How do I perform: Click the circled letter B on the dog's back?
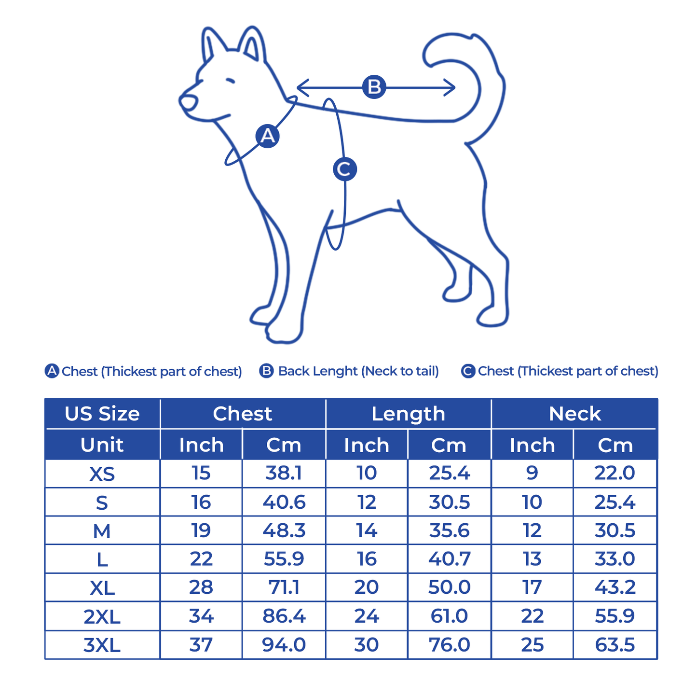click(x=374, y=87)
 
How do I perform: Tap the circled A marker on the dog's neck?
click(x=267, y=136)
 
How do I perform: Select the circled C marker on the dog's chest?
click(x=345, y=169)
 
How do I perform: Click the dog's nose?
click(x=189, y=102)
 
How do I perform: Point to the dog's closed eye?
click(x=230, y=81)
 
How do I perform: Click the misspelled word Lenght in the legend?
click(x=335, y=371)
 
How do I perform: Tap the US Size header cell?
click(x=102, y=414)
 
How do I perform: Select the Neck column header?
click(x=575, y=414)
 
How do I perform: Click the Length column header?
click(x=409, y=414)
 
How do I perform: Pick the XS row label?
click(x=102, y=474)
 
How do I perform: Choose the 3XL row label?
click(x=102, y=645)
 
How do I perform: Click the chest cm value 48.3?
click(x=284, y=530)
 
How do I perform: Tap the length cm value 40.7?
click(x=449, y=558)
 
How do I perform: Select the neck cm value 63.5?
click(x=615, y=645)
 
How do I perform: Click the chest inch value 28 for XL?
click(x=201, y=587)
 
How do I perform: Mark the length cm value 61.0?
click(x=449, y=616)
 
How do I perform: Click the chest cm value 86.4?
click(x=284, y=616)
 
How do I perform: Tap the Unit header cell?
click(x=102, y=445)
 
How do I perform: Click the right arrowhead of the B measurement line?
click(x=451, y=88)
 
